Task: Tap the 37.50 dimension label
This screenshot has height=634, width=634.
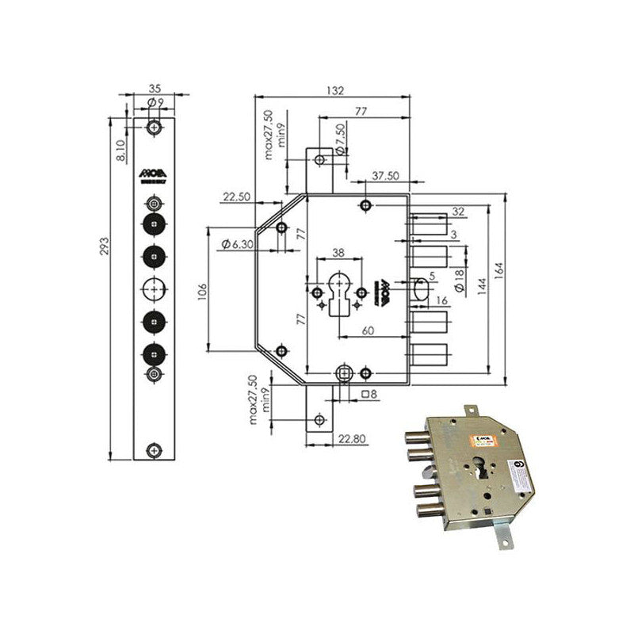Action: (384, 176)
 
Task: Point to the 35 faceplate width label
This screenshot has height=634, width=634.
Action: (155, 90)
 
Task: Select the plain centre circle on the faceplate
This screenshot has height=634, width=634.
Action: (154, 287)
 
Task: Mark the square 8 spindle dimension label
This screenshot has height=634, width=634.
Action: (369, 394)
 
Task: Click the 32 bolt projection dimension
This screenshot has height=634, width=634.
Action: (457, 211)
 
